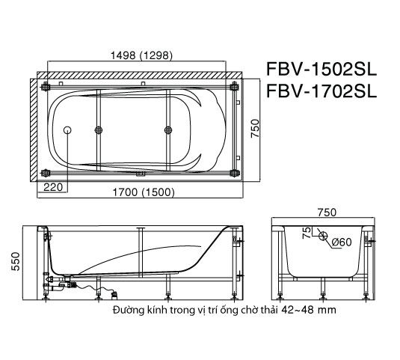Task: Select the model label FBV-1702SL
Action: [322, 93]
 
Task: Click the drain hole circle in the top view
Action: [69, 130]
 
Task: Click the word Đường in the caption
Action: [129, 309]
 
